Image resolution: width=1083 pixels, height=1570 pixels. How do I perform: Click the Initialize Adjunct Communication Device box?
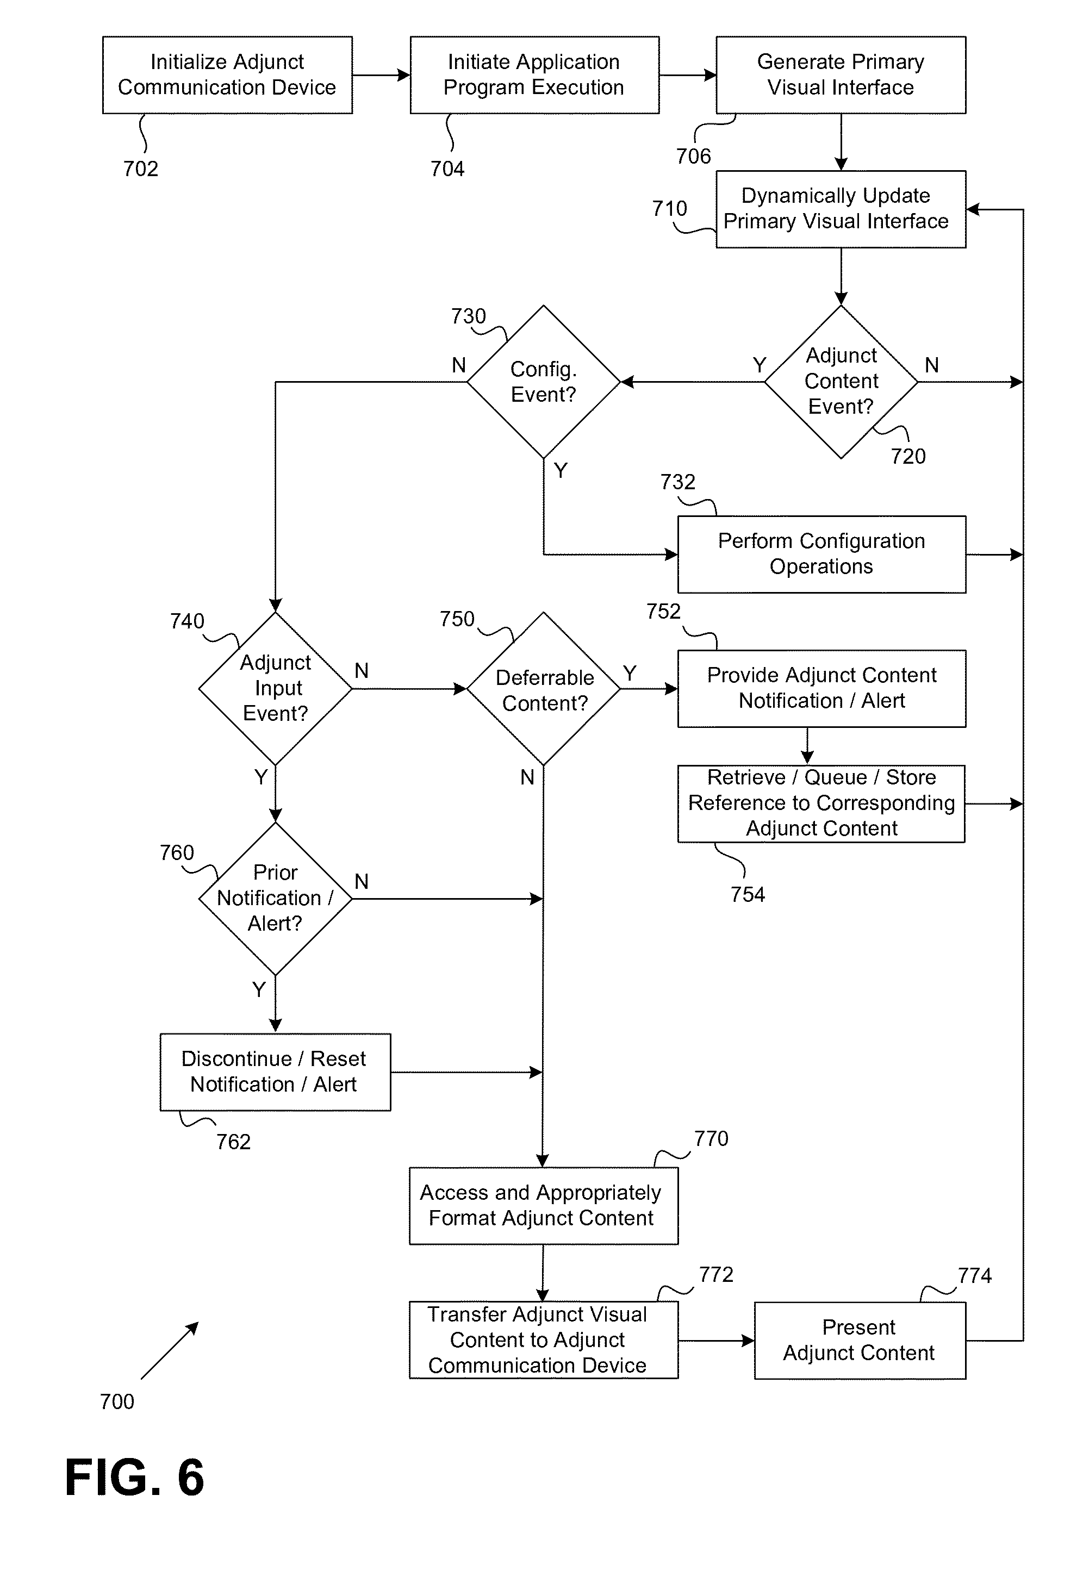pos(227,74)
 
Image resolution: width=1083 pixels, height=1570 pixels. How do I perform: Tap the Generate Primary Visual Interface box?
pos(840,74)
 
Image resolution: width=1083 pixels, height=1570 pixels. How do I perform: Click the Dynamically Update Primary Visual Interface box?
pos(840,208)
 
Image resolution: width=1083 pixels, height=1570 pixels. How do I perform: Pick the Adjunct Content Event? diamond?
pos(841,381)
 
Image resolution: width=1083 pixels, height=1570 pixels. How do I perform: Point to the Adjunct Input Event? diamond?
pos(275,688)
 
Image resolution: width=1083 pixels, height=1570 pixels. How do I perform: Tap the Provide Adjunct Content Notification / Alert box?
pos(821,688)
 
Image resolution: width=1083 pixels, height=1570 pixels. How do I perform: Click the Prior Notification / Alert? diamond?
pos(275,898)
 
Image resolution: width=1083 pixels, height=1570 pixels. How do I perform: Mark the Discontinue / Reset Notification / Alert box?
pos(275,1071)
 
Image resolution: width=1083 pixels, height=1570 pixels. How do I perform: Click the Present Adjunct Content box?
pos(859,1340)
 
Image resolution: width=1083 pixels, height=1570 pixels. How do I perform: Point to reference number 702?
pos(140,169)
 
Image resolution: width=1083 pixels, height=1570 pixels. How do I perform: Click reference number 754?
pos(748,894)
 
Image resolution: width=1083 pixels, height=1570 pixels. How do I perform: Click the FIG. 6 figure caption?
pos(134,1477)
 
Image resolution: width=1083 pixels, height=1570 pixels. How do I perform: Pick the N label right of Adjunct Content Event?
pos(932,365)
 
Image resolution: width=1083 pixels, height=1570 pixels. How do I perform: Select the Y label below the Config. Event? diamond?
pos(561,470)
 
